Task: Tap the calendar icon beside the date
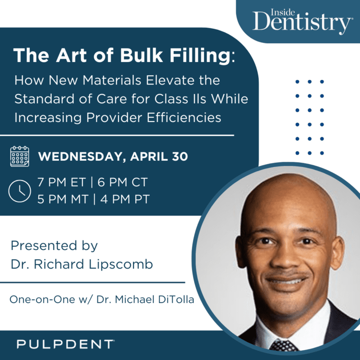pyautogui.click(x=19, y=156)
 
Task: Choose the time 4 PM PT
pyautogui.click(x=125, y=198)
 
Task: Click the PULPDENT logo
pyautogui.click(x=65, y=344)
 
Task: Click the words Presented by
pyautogui.click(x=54, y=246)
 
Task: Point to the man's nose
pyautogui.click(x=287, y=259)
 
